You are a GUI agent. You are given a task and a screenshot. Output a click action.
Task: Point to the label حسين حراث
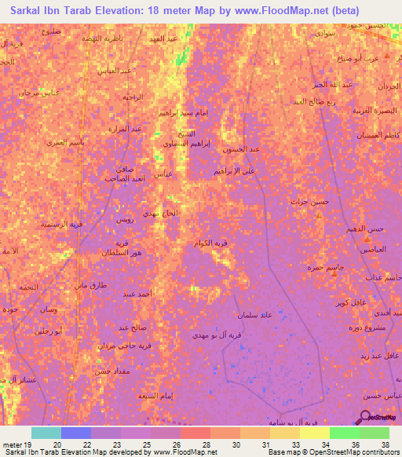coord(307,201)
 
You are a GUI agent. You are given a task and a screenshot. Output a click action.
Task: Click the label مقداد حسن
coord(90,372)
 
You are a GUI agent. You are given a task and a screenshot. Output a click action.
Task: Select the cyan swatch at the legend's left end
coord(46,433)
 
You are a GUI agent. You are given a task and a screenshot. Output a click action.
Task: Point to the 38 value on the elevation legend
coord(384,444)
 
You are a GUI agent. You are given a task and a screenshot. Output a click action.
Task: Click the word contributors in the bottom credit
coord(378,452)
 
